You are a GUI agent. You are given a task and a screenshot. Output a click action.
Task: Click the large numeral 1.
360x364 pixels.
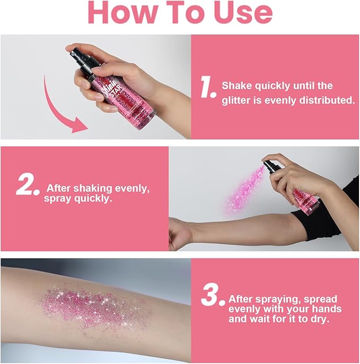207,89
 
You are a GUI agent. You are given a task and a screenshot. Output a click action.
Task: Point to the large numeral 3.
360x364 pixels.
214,295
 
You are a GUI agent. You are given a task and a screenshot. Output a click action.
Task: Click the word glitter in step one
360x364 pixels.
239,99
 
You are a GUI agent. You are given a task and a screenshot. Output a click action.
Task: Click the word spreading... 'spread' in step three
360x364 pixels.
319,298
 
